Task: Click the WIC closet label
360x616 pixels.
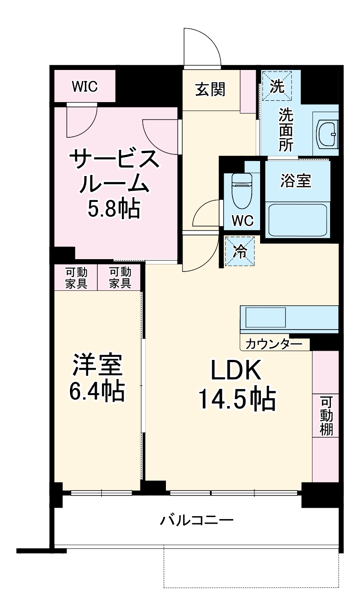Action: click(x=84, y=87)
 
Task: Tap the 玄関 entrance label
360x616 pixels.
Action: click(x=210, y=89)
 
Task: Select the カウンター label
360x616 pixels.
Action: click(x=274, y=344)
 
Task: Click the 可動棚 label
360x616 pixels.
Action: click(x=326, y=416)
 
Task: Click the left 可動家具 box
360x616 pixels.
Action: click(x=76, y=278)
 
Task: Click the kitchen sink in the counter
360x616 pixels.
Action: click(x=265, y=317)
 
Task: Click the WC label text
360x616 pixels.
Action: click(x=242, y=220)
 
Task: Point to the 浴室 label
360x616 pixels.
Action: click(x=296, y=181)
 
